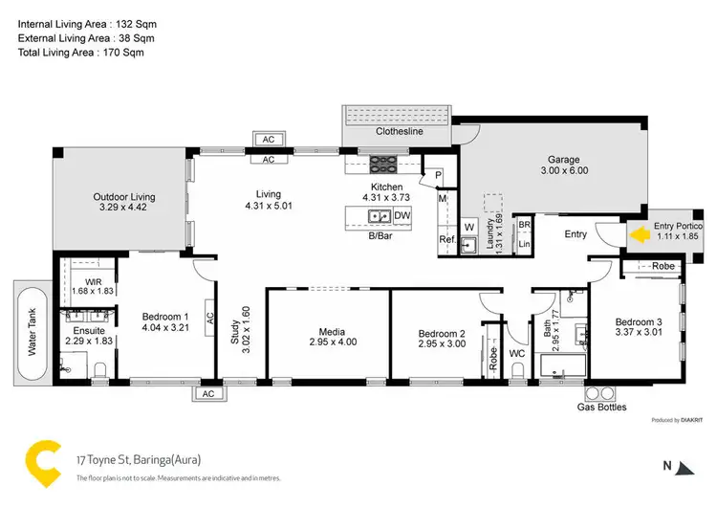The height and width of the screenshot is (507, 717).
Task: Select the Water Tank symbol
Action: tap(32, 330)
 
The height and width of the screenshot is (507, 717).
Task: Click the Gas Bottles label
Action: tap(602, 408)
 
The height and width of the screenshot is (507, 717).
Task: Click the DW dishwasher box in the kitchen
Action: tap(402, 216)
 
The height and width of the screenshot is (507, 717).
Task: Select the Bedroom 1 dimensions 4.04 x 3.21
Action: tap(164, 328)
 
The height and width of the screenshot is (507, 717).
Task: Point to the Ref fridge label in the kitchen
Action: tap(445, 240)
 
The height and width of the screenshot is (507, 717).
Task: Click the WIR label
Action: tap(93, 281)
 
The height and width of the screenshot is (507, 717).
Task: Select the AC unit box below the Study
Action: tap(207, 393)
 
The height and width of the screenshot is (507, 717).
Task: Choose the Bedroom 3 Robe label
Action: tap(663, 266)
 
